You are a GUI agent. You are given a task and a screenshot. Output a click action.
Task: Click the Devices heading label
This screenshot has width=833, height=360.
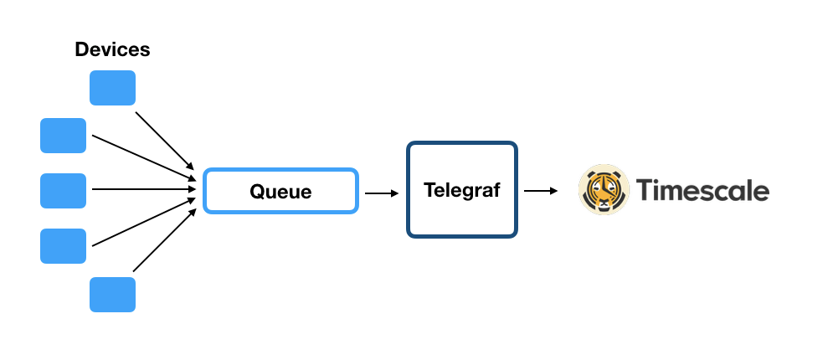(112, 49)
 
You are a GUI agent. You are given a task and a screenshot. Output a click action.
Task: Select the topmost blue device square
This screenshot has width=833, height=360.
(112, 88)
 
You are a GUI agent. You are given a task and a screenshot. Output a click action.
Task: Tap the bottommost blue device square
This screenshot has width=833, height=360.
(112, 294)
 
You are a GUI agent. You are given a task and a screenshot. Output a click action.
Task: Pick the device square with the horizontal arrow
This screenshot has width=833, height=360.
(63, 190)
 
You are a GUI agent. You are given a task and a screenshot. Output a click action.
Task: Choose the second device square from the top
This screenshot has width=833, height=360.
(63, 136)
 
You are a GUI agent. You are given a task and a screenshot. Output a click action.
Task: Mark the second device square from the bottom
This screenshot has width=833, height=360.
(63, 245)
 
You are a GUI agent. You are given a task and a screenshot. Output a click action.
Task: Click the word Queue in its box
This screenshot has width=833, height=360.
(280, 192)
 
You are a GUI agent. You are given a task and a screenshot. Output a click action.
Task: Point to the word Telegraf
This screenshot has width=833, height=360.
(461, 190)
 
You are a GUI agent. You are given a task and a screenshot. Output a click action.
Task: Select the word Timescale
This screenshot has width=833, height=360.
(702, 191)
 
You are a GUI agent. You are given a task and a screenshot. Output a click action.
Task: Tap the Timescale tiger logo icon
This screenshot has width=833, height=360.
(604, 190)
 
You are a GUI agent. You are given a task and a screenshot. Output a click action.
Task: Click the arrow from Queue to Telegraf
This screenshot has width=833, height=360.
(382, 193)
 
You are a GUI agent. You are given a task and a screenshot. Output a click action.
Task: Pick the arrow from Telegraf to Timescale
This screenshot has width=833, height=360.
(541, 191)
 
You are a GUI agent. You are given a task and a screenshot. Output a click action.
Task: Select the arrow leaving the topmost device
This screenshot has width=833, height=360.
(165, 137)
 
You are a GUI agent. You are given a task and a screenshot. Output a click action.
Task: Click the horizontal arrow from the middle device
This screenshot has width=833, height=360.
(144, 189)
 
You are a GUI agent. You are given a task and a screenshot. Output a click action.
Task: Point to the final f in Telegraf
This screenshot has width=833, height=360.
(496, 189)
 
